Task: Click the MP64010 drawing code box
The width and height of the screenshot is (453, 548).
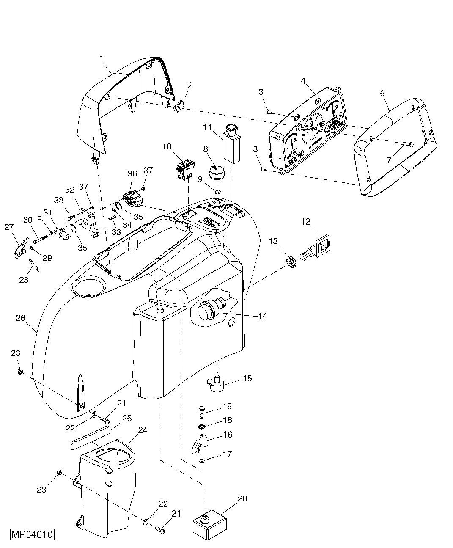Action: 32,534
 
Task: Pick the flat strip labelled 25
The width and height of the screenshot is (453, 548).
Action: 89,439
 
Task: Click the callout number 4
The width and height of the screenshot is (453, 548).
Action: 303,81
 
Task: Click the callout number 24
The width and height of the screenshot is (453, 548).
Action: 143,430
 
